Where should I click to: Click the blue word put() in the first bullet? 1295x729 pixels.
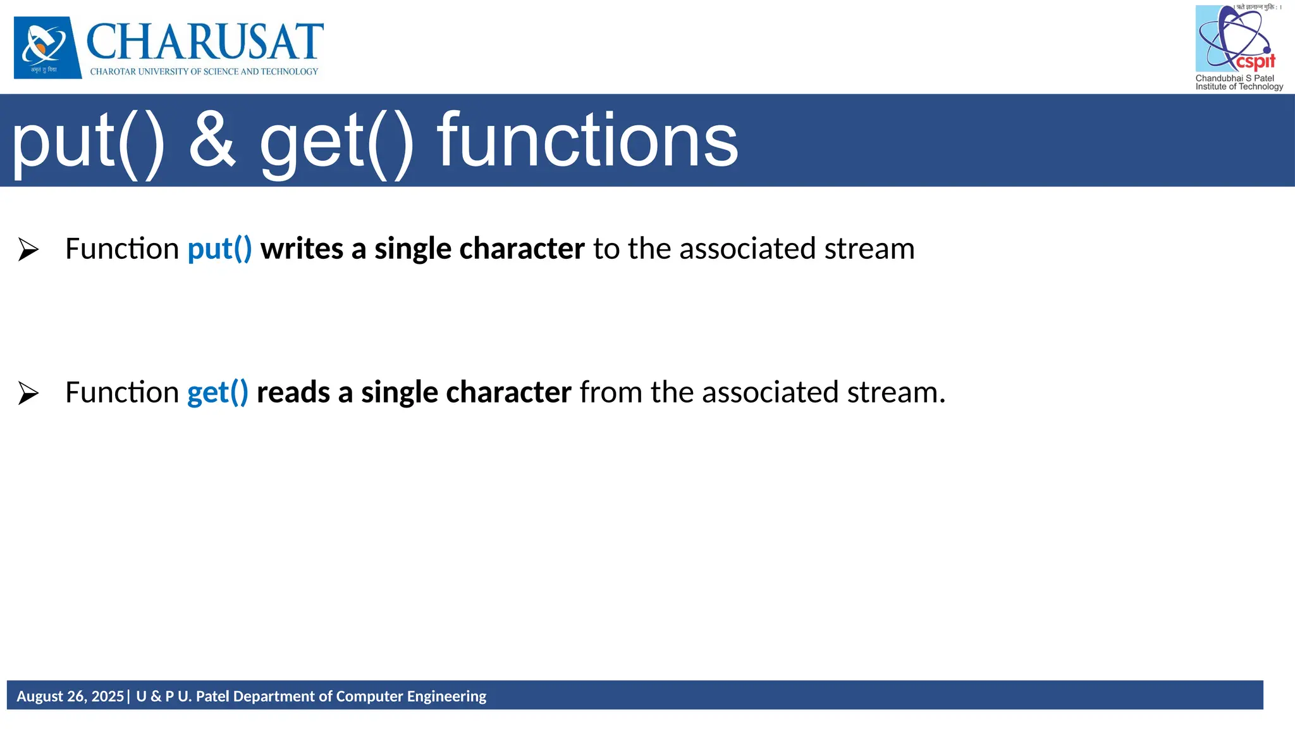[219, 249]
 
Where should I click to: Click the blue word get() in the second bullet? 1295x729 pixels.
[218, 392]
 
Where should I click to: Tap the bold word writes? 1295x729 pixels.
[302, 249]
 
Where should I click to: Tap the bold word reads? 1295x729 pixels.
[293, 392]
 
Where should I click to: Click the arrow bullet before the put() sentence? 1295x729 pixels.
[28, 249]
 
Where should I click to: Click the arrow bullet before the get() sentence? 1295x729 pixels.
[28, 393]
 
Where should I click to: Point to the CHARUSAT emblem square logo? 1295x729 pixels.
[47, 47]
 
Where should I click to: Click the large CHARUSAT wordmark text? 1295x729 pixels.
[205, 42]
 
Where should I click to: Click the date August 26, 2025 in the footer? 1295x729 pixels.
[70, 696]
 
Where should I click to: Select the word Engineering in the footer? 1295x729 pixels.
[446, 696]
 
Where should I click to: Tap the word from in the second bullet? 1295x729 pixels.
[611, 392]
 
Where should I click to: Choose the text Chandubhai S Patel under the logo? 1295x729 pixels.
[1234, 78]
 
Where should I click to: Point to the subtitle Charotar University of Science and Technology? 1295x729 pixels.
[204, 72]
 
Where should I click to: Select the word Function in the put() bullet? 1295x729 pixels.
[122, 249]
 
